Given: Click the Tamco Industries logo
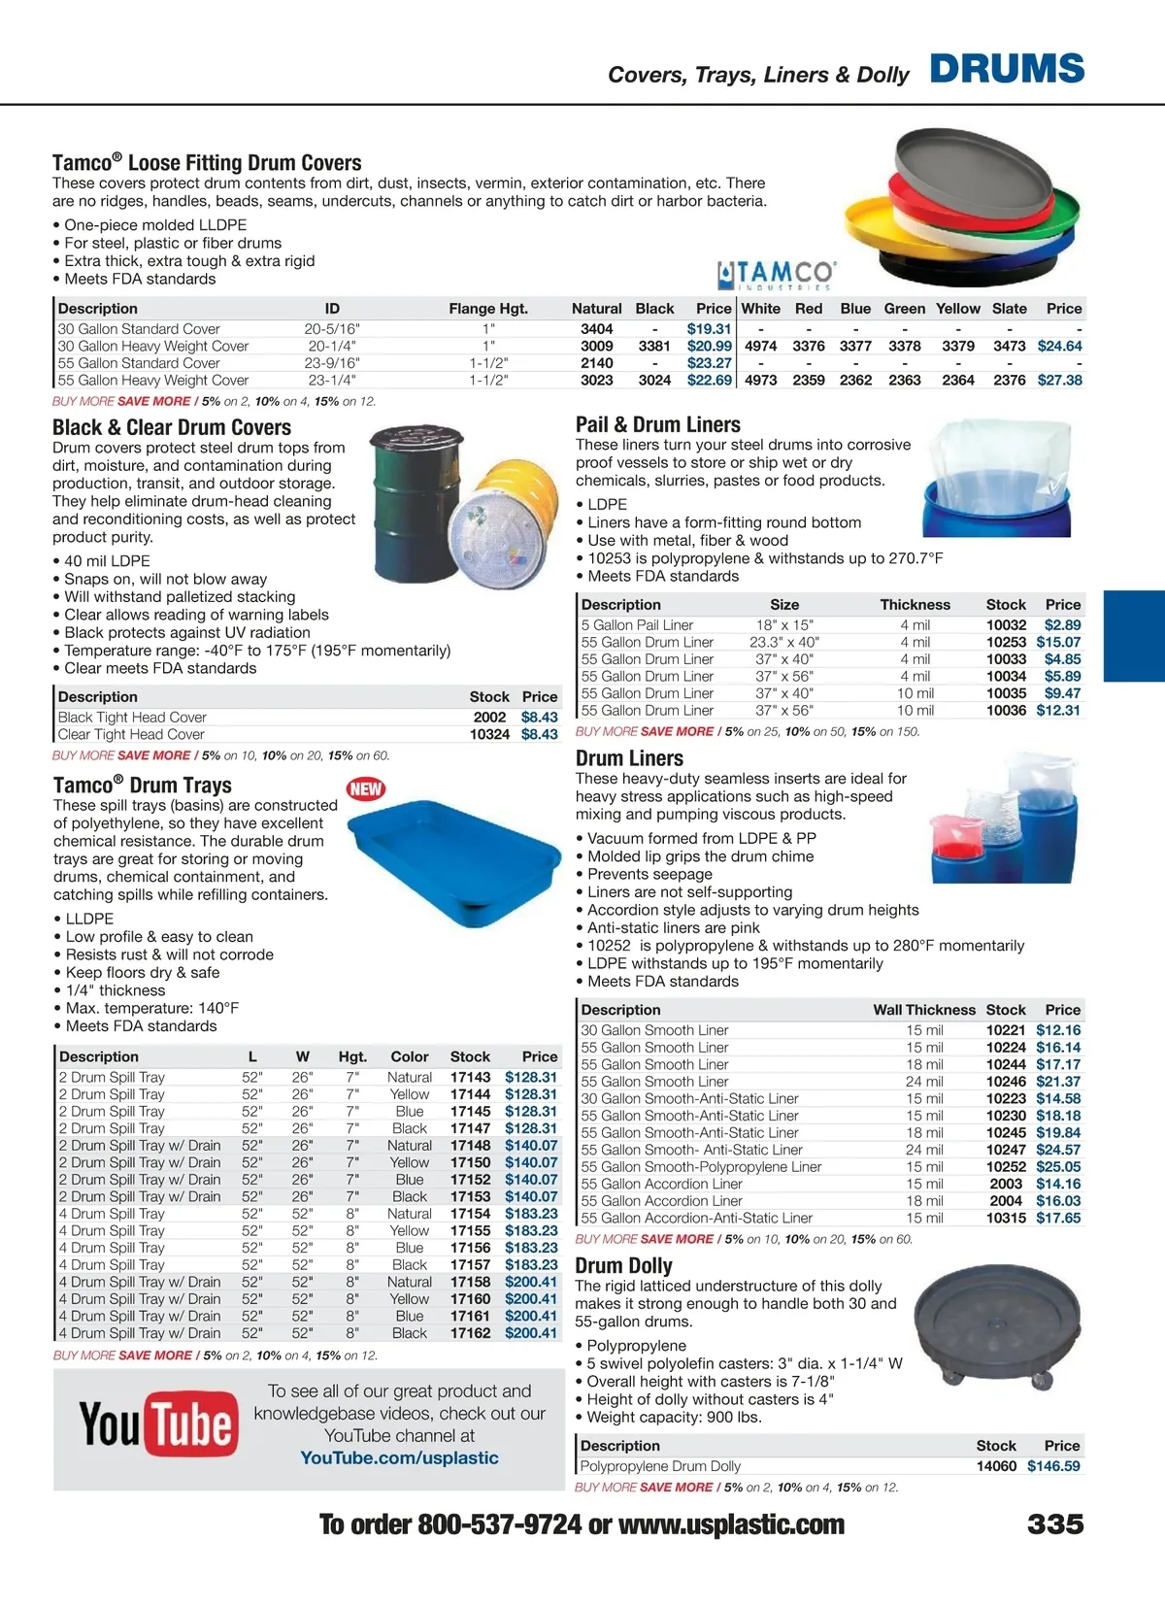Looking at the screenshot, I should (x=777, y=275).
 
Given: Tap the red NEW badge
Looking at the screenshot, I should (x=366, y=789).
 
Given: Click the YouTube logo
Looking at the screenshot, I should (x=158, y=1424).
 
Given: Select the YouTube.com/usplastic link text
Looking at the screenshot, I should (x=399, y=1457).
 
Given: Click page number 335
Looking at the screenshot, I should (x=1055, y=1523).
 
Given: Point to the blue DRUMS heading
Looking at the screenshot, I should (x=1007, y=69).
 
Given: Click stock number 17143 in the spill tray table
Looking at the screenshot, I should (x=470, y=1077).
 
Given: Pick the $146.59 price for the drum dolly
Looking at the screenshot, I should (x=1053, y=1466).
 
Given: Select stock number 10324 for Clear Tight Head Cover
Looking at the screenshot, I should (x=489, y=734).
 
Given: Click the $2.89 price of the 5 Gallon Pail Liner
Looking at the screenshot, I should (x=1062, y=625).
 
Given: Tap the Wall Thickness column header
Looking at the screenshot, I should (x=923, y=1010).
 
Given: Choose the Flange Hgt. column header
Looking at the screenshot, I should (x=488, y=309).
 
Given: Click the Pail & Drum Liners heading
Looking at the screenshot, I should (x=657, y=424).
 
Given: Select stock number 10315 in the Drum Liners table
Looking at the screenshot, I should (x=1006, y=1218).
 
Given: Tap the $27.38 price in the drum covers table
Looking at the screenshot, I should (x=1059, y=380).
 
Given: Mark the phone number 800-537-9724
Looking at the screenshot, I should (x=499, y=1524).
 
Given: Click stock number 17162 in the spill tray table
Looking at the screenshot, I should (x=470, y=1333).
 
